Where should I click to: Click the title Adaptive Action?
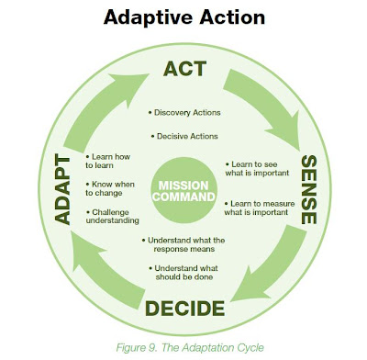(x=183, y=17)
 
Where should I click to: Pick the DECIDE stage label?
(x=187, y=306)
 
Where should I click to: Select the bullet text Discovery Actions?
(x=186, y=113)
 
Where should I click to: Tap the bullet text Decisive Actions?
(x=186, y=136)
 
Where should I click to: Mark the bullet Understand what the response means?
(x=187, y=244)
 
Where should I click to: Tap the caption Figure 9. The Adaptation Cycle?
(x=183, y=347)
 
